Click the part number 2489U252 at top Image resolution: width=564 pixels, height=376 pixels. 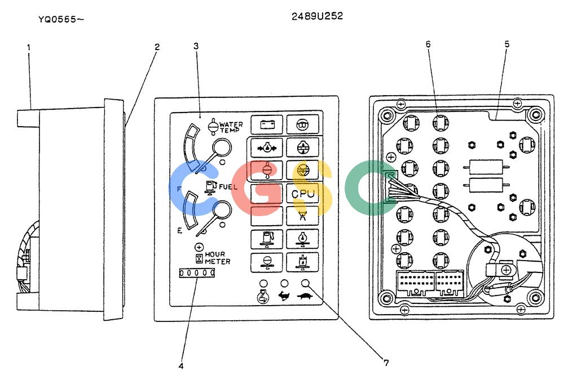pos(317,16)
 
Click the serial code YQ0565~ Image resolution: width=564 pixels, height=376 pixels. pos(61,19)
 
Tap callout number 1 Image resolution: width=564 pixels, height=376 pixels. pos(29,47)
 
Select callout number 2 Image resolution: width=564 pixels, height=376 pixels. pos(157,47)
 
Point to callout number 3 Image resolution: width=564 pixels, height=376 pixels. pos(196,46)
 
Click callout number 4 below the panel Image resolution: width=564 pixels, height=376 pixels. pos(181,366)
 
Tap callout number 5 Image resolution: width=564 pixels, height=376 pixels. pos(507,44)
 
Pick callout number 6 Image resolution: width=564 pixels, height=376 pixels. pos(428,44)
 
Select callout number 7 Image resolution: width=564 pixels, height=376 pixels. pos(386,363)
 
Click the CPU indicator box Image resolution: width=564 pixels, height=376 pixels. pos(302,194)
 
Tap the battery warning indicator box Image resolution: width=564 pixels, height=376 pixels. pos(267,124)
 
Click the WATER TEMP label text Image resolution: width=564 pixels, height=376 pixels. pos(231,127)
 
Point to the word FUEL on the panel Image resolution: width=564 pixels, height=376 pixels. pos(228,187)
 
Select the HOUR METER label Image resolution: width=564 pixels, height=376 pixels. pos(217,258)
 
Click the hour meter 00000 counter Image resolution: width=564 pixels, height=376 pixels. pos(197,273)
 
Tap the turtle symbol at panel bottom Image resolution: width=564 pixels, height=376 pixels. pos(305,296)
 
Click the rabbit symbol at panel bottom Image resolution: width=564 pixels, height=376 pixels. pos(284,296)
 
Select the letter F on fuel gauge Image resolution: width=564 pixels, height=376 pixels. pos(179,189)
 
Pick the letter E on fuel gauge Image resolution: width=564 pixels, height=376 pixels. pos(180,230)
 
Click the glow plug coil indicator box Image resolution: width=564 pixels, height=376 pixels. pos(302,124)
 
